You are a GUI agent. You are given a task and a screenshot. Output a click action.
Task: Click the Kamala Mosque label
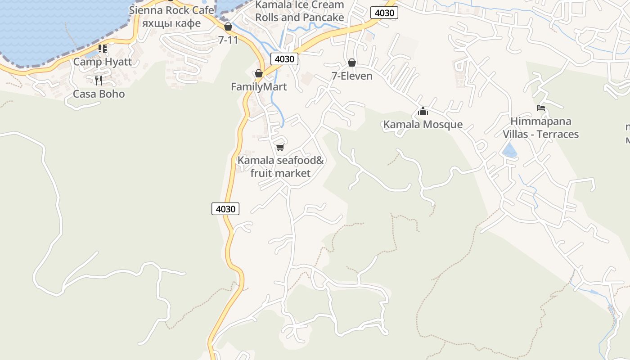pyautogui.click(x=423, y=125)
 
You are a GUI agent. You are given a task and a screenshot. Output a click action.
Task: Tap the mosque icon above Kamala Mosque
pyautogui.click(x=423, y=111)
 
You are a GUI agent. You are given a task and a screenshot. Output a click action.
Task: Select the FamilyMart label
pyautogui.click(x=259, y=87)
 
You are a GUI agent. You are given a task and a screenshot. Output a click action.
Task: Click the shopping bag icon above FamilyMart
pyautogui.click(x=259, y=73)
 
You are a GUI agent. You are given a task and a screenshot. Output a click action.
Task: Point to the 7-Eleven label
pyautogui.click(x=352, y=76)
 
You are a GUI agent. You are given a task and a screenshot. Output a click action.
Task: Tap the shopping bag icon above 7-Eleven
pyautogui.click(x=352, y=63)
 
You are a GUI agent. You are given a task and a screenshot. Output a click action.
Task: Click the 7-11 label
pyautogui.click(x=228, y=40)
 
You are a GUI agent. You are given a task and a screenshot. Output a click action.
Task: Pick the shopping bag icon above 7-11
pyautogui.click(x=228, y=27)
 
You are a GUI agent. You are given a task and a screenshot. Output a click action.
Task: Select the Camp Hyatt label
pyautogui.click(x=103, y=62)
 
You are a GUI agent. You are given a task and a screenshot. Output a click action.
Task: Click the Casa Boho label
pyautogui.click(x=99, y=94)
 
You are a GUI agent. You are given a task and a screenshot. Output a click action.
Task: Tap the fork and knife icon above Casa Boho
pyautogui.click(x=99, y=81)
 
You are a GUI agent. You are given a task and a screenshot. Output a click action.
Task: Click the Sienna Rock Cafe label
pyautogui.click(x=171, y=10)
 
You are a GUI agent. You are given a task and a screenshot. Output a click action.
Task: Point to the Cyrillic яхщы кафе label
pyautogui.click(x=171, y=23)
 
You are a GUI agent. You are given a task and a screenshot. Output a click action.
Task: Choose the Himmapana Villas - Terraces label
pyautogui.click(x=540, y=128)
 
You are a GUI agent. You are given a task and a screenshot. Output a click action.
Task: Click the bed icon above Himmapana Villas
pyautogui.click(x=541, y=108)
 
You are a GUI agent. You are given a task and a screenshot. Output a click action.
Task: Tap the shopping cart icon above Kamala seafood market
pyautogui.click(x=280, y=147)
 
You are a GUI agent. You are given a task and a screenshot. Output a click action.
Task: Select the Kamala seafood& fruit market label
pyautogui.click(x=280, y=166)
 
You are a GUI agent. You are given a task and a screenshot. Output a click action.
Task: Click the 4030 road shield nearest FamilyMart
pyautogui.click(x=284, y=59)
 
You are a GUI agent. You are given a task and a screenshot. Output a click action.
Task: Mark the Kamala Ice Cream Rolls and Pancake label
pyautogui.click(x=300, y=11)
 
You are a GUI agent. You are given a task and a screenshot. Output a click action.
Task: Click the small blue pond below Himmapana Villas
pyautogui.click(x=509, y=151)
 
